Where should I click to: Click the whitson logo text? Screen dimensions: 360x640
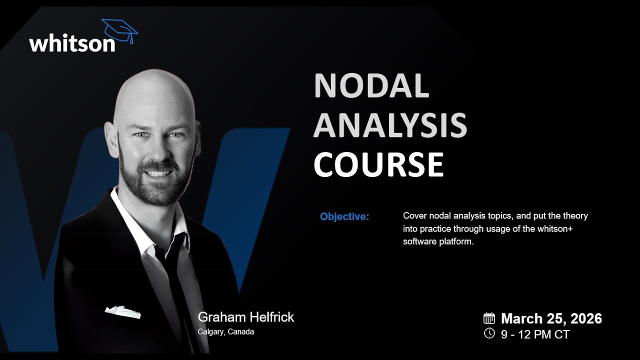[x=72, y=43]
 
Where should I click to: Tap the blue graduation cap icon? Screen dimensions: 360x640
[x=120, y=30]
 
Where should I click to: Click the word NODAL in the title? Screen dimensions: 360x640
[x=371, y=85]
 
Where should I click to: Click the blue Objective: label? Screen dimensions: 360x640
[x=344, y=217]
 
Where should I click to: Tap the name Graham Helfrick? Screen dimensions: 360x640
[x=246, y=317]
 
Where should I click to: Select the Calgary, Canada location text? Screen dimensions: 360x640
[x=226, y=331]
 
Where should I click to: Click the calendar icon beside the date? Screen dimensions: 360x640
[x=489, y=318]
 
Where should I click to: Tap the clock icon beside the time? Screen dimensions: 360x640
[x=489, y=333]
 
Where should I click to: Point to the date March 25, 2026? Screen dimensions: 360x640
[x=551, y=318]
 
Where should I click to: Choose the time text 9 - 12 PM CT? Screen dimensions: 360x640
[x=535, y=334]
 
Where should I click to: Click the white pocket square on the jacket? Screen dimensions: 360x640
[x=122, y=311]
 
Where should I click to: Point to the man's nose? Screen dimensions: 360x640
[x=156, y=150]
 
